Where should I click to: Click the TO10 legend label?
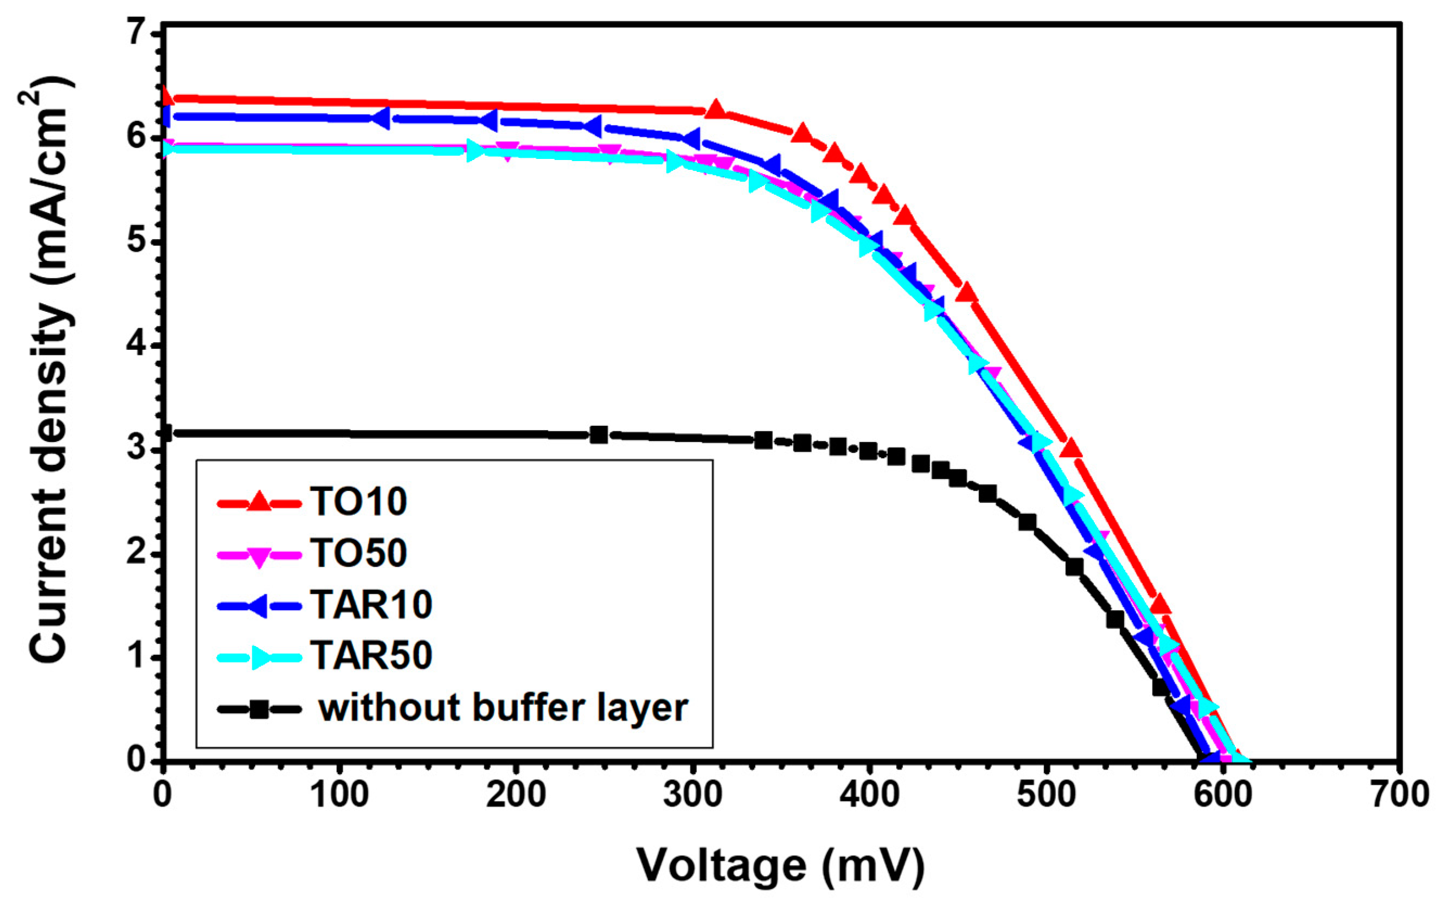(358, 502)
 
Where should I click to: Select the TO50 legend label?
(358, 553)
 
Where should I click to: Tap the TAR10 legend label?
(371, 605)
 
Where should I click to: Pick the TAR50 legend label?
(371, 656)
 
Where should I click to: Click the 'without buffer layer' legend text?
(503, 708)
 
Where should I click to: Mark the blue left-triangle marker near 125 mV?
(381, 118)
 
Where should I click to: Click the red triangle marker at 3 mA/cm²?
(1071, 448)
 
